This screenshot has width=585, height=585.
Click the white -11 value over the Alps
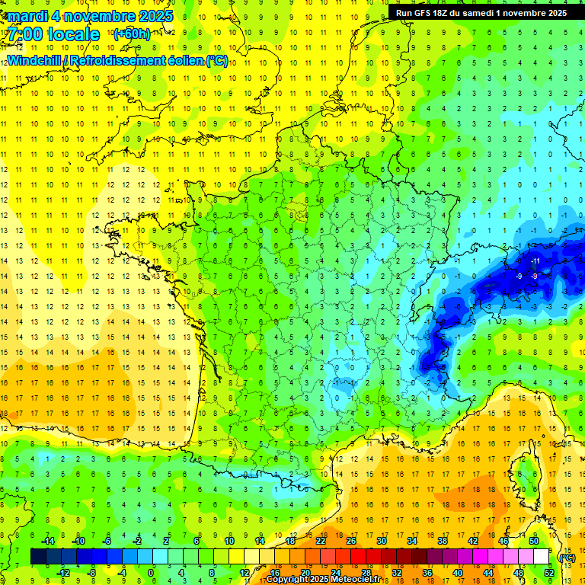[x=535, y=261]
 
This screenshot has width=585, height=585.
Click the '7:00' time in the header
[x=27, y=34]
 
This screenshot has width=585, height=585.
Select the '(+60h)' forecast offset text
[x=132, y=34]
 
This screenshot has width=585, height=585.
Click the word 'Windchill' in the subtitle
[x=37, y=60]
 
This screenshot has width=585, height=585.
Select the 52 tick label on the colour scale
[x=549, y=572]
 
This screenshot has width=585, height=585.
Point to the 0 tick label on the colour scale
[x=151, y=572]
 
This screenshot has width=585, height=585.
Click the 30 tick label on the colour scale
[x=382, y=541]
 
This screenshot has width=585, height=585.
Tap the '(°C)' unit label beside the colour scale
[x=567, y=557]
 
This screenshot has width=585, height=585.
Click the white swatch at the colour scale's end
[x=542, y=557]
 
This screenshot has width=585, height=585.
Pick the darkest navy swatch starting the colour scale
[x=38, y=557]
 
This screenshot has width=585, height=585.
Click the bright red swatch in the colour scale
[x=359, y=557]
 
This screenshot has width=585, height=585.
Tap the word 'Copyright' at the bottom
[x=287, y=580]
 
